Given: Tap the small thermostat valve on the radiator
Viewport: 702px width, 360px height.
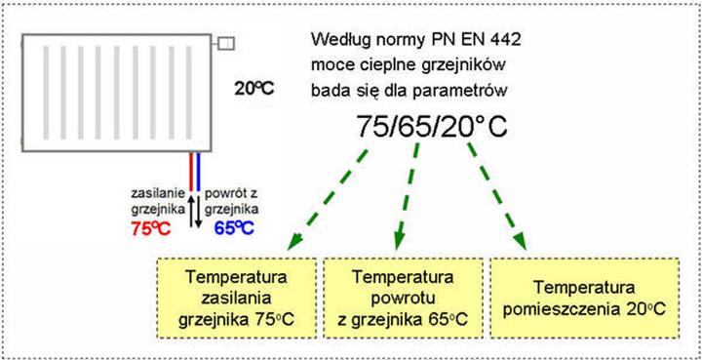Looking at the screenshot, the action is point(225,43).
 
